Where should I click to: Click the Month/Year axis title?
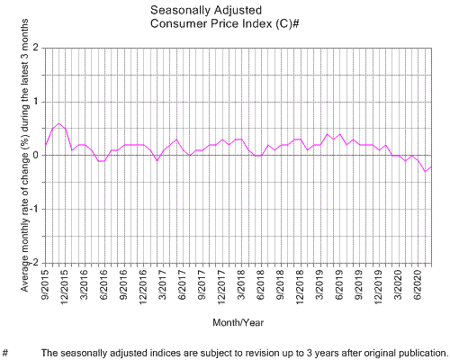(x=238, y=321)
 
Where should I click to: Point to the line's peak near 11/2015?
(x=58, y=123)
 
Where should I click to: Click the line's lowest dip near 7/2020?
(x=425, y=171)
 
